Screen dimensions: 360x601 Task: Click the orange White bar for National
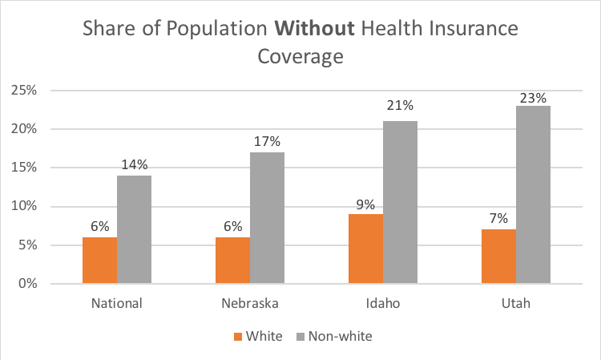pos(100,261)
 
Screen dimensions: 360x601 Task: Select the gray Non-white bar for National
pos(134,229)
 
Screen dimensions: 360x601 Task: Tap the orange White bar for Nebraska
pos(232,261)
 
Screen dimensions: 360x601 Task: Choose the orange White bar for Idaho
pos(365,249)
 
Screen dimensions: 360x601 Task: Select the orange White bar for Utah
pos(498,257)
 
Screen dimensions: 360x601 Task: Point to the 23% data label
pos(533,98)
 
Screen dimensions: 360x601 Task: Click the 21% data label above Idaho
pos(400,105)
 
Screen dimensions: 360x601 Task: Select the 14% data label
pos(134,165)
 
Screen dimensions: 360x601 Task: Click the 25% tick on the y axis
pos(23,90)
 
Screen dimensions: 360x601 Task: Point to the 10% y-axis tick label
pos(23,206)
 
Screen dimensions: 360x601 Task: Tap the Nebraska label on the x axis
pos(250,304)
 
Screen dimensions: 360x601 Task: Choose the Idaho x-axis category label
pos(383,304)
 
